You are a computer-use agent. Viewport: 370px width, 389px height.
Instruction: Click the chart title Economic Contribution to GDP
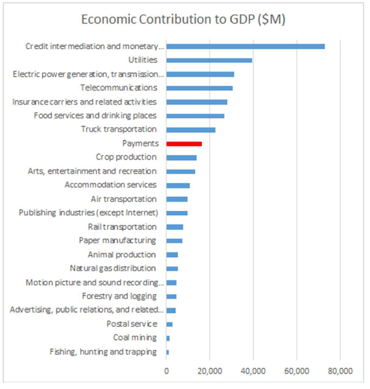coord(183,19)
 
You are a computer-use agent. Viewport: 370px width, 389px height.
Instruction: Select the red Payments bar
coord(184,144)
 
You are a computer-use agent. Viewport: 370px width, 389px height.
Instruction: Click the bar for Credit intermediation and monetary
coord(246,46)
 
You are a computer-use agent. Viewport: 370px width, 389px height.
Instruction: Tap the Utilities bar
coord(209,60)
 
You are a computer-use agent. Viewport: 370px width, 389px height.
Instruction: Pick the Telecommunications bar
coord(199,88)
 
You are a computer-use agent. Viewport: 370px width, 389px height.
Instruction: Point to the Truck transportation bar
coord(191,130)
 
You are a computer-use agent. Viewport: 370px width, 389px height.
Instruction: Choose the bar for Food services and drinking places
coord(195,116)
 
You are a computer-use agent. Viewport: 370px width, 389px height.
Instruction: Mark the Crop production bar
coord(181,158)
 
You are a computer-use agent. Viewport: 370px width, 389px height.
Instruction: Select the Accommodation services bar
coord(178,186)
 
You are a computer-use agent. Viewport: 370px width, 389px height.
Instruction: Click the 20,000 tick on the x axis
coord(210,371)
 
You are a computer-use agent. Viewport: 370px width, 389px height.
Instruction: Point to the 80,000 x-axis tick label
coord(340,371)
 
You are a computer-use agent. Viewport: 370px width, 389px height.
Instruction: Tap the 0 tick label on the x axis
coord(166,371)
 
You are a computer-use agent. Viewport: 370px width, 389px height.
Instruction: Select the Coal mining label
coord(135,337)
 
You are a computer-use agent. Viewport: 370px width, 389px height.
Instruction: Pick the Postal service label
coord(132,324)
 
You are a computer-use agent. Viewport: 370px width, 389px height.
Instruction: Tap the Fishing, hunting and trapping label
coord(103,351)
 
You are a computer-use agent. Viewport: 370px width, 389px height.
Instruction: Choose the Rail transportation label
coord(122,226)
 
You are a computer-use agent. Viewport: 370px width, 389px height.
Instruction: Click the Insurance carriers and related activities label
coord(84,101)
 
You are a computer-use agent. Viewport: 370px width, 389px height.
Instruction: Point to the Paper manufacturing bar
coord(174,241)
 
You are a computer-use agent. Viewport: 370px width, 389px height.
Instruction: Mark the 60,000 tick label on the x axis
coord(297,371)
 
